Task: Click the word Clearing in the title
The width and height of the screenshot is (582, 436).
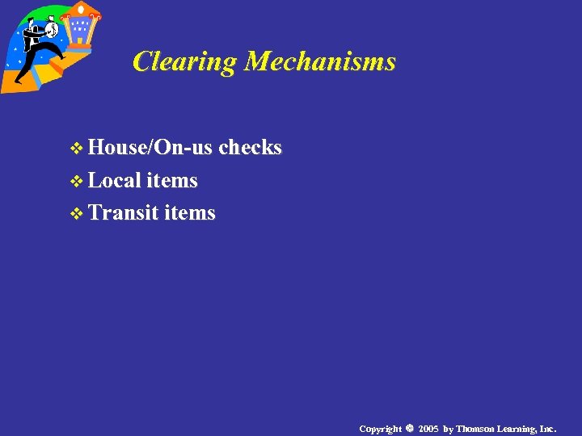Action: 185,61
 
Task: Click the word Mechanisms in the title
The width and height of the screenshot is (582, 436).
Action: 320,61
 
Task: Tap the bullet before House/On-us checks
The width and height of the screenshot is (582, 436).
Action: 77,149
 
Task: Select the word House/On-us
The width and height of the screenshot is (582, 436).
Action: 150,148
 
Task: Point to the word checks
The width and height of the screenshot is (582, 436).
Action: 250,148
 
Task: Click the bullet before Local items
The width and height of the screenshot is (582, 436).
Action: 77,182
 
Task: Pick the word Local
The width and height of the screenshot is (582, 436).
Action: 115,180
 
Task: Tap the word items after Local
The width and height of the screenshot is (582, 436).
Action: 172,180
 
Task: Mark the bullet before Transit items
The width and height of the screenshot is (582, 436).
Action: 77,214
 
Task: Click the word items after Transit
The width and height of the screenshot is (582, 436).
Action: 190,212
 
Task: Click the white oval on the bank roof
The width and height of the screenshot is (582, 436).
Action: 81,9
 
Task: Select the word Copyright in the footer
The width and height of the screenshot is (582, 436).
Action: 380,428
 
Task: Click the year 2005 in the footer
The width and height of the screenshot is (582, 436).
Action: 429,428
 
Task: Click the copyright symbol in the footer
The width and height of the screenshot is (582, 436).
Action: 409,428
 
